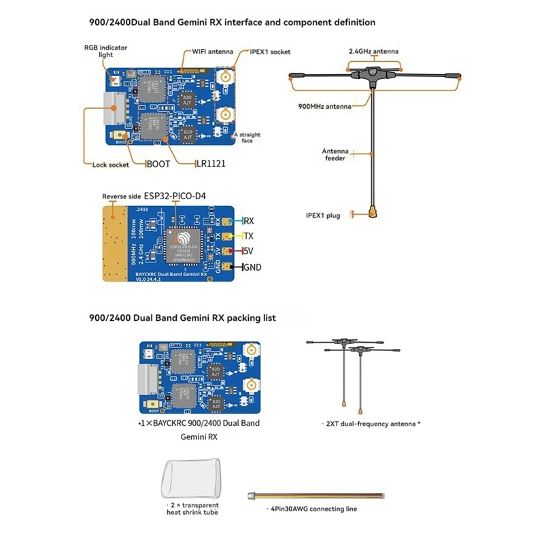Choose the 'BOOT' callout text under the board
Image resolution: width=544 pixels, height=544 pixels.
coord(159,164)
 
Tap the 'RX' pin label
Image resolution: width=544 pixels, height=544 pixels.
coord(249,221)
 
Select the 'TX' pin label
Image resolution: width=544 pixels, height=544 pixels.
coord(249,237)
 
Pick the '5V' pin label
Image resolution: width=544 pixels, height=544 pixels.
coord(249,252)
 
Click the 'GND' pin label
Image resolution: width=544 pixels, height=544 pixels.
coord(252,267)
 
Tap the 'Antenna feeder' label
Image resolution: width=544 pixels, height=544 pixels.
coord(336,154)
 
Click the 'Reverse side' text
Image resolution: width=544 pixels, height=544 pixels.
coord(122,197)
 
